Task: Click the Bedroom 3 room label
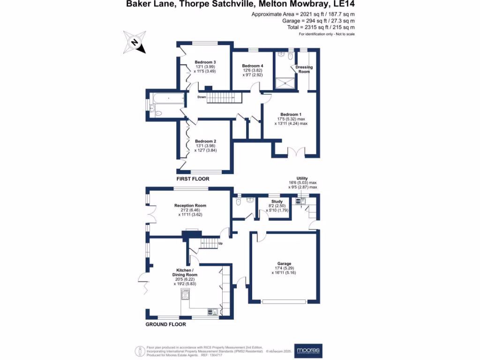pos(205,62)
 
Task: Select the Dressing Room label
pos(304,69)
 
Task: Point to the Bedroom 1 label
pos(291,114)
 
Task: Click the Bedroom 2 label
pos(205,141)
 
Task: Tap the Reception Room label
pos(190,205)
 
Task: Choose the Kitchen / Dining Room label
pos(185,272)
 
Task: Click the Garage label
pos(285,264)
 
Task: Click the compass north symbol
pos(134,42)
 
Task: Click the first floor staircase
pos(224,98)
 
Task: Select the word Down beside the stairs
pos(202,97)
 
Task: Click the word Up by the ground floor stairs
pos(220,244)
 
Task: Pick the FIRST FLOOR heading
pos(193,179)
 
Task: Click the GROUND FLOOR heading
pos(165,324)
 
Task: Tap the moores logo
pos(308,351)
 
